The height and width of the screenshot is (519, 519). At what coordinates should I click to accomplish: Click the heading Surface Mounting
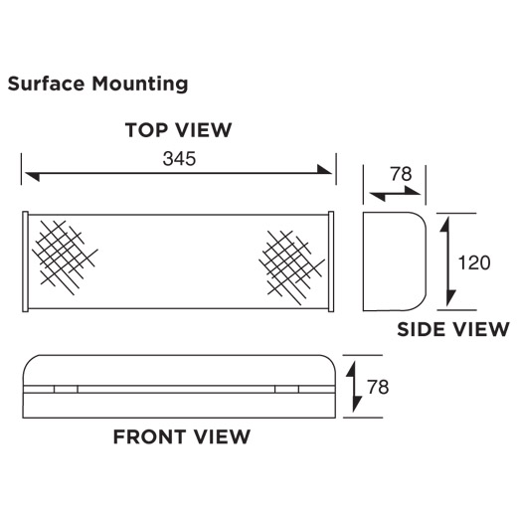(x=97, y=84)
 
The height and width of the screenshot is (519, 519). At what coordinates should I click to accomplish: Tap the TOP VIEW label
(x=178, y=130)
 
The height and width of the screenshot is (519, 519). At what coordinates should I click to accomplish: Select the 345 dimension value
(x=179, y=159)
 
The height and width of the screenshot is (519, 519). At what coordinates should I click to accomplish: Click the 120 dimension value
(x=474, y=262)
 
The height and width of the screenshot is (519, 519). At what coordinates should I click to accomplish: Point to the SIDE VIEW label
(x=453, y=329)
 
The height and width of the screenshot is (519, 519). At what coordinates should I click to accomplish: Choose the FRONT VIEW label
(x=182, y=436)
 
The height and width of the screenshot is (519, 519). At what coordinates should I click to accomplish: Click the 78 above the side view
(x=401, y=174)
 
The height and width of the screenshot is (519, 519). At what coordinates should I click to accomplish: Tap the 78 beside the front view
(x=378, y=387)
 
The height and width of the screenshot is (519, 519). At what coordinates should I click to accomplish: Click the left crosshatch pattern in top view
(x=65, y=258)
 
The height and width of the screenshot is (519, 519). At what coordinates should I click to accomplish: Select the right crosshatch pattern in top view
(x=292, y=267)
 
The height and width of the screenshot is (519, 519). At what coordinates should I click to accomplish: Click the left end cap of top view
(x=25, y=261)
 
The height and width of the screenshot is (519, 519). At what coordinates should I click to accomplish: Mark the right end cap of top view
(x=331, y=261)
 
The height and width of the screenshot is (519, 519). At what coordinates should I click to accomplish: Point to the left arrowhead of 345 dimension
(x=33, y=176)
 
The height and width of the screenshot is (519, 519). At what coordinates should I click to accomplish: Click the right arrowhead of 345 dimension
(x=324, y=169)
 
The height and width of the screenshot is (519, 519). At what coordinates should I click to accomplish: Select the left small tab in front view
(x=66, y=389)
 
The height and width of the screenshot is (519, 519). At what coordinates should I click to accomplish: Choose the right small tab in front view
(x=287, y=389)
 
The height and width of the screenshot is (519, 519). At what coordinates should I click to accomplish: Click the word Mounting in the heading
(x=140, y=85)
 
